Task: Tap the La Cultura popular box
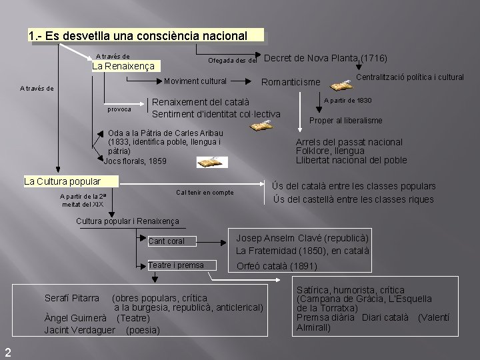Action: (x=62, y=181)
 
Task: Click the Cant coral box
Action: (x=175, y=241)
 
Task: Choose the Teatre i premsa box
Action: (x=181, y=265)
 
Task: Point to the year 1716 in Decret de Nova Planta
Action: (x=374, y=58)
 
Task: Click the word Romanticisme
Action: (x=291, y=83)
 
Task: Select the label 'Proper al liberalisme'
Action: (x=346, y=121)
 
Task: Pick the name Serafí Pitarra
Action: (x=72, y=297)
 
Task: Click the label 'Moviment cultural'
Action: (x=196, y=82)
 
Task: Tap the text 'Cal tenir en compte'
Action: (x=205, y=193)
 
